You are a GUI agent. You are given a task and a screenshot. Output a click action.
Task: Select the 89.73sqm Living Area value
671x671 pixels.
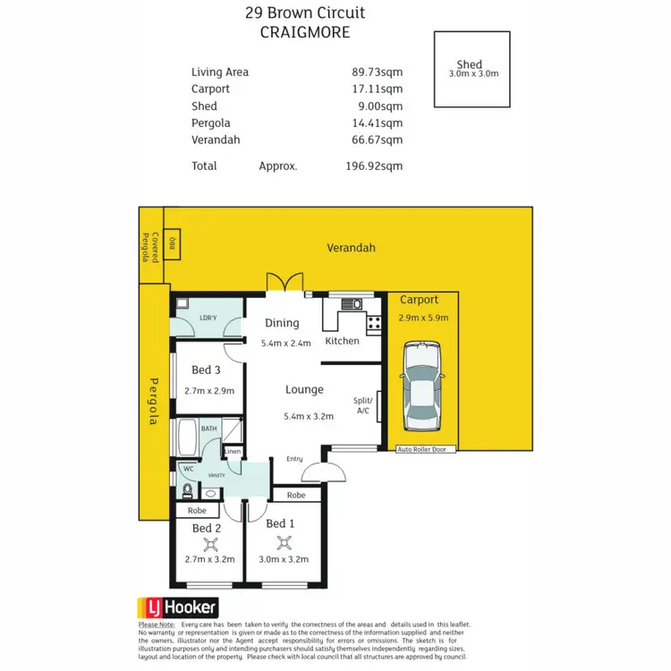[378, 72]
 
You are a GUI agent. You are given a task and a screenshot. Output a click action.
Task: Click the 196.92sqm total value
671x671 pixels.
[374, 166]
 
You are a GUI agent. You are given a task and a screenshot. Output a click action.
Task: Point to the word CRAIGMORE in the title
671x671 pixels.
[304, 32]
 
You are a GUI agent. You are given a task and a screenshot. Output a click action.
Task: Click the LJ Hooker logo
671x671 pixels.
[177, 608]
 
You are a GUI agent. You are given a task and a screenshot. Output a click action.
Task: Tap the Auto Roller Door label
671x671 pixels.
[427, 449]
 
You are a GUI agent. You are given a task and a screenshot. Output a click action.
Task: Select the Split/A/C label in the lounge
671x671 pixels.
[363, 405]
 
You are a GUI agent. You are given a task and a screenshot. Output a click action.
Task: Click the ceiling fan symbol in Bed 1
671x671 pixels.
[285, 541]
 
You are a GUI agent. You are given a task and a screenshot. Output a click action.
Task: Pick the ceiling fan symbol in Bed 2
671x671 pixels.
[208, 541]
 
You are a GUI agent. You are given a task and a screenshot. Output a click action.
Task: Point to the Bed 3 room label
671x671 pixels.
[206, 369]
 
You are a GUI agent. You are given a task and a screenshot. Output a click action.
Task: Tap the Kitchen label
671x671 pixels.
[342, 341]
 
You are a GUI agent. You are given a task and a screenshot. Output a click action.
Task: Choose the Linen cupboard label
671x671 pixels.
[233, 451]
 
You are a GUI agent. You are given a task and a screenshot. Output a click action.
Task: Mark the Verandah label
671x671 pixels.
[351, 248]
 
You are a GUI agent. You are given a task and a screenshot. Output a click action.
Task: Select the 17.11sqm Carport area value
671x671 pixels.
[378, 89]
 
